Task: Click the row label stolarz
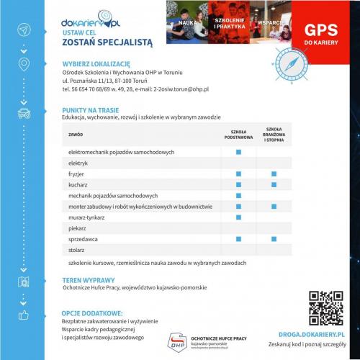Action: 76,248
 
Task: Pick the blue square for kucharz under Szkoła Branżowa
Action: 274,185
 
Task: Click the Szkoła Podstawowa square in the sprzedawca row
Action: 238,238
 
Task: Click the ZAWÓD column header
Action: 76,135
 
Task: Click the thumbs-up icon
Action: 25,315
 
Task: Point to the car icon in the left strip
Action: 25,114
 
